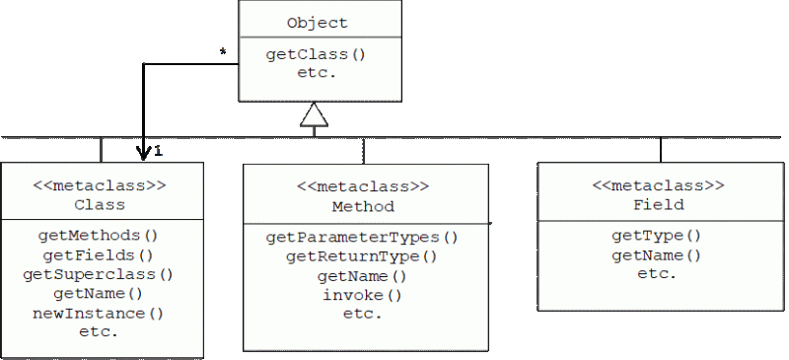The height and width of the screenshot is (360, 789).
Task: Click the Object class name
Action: tap(317, 23)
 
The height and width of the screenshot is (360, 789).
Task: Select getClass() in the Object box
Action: tap(316, 55)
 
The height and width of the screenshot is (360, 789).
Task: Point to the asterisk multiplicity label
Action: tap(223, 50)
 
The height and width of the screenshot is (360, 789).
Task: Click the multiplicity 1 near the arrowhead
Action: tap(158, 151)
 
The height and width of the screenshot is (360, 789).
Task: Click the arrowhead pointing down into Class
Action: tap(144, 152)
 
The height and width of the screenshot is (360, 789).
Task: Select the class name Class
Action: tap(100, 205)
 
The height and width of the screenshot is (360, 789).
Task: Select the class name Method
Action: tap(363, 207)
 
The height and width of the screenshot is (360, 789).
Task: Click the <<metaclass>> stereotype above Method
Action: tap(363, 186)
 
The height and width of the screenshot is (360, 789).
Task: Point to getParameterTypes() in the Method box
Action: tap(362, 237)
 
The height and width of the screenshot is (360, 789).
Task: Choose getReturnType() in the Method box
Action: tap(361, 256)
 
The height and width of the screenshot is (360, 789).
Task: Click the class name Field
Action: tap(659, 205)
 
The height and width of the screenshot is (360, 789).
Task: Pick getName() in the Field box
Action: tap(656, 255)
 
